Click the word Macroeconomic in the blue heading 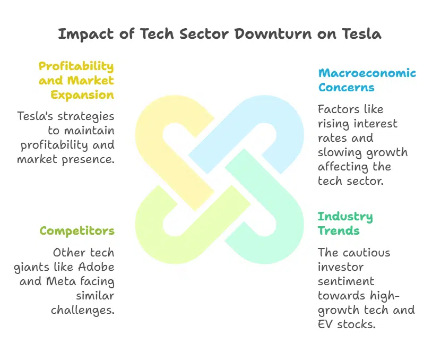click(367, 73)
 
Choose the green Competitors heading click(77, 231)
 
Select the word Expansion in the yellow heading click(83, 95)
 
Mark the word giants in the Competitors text click(31, 267)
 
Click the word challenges click(83, 310)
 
